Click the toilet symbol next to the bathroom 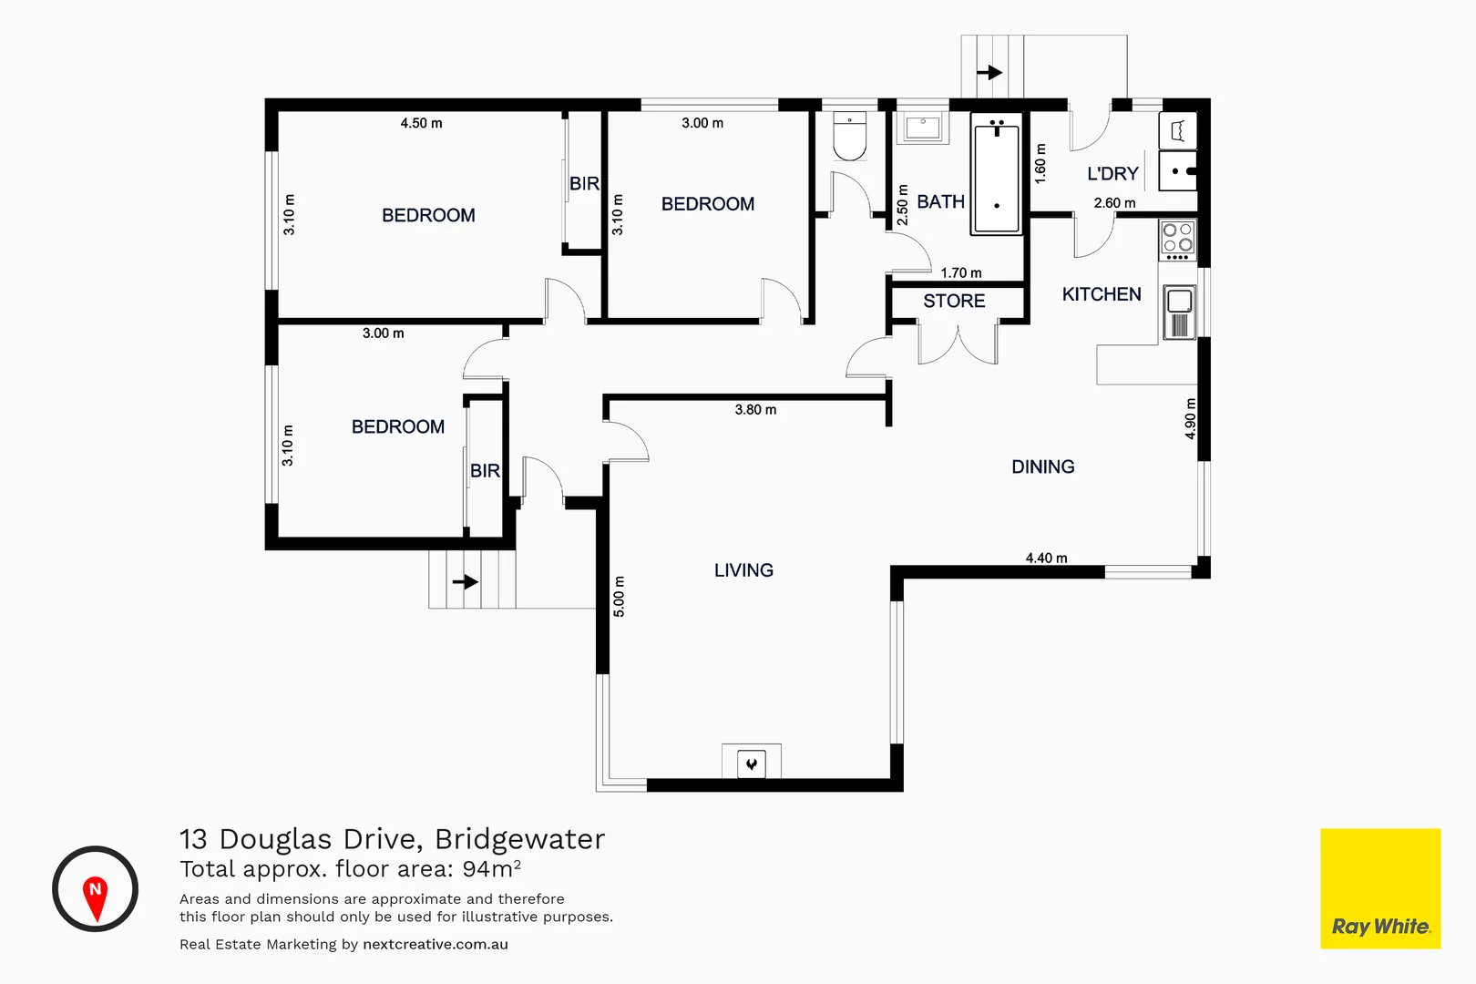[850, 138]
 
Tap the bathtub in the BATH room [997, 178]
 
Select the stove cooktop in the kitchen [1177, 239]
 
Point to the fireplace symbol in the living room [752, 764]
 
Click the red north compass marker [95, 894]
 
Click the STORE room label [954, 302]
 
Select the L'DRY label [1112, 174]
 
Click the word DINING [1043, 467]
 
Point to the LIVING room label [743, 570]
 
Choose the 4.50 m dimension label [421, 123]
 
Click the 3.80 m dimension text [755, 410]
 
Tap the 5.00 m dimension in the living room [620, 597]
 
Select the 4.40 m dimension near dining [1046, 558]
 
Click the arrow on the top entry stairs [989, 72]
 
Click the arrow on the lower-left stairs [465, 581]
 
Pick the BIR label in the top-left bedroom [584, 184]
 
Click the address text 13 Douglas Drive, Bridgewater [392, 839]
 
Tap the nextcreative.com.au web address [436, 945]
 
